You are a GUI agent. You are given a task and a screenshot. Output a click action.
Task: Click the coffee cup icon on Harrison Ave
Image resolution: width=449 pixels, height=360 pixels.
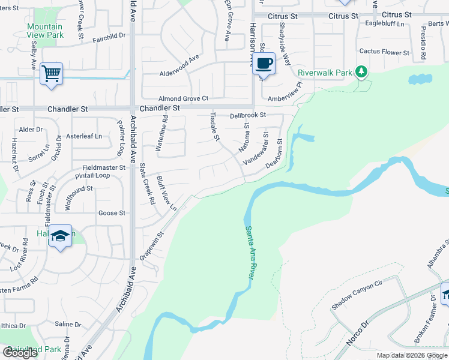(264, 62)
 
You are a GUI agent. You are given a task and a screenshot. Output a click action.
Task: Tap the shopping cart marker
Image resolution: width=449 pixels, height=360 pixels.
(52, 74)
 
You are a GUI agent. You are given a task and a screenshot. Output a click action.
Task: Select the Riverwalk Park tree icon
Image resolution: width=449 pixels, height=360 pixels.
(361, 72)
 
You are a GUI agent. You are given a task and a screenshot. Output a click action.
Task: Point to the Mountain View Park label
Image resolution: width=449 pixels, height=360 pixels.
(45, 31)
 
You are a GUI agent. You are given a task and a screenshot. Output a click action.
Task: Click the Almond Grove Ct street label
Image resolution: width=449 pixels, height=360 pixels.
(183, 98)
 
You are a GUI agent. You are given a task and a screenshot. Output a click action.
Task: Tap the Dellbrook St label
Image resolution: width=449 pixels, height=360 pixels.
(247, 115)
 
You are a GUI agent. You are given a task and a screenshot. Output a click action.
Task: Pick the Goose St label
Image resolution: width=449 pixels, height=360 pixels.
(112, 213)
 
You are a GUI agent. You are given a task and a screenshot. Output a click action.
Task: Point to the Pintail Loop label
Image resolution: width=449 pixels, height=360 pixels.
(92, 176)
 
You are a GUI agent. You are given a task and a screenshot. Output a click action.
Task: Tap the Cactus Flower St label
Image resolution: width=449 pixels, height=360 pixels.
(384, 53)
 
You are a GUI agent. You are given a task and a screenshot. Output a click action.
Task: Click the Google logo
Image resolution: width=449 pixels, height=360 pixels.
(20, 353)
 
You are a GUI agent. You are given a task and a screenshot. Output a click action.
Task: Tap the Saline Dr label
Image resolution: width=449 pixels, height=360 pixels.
(68, 325)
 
